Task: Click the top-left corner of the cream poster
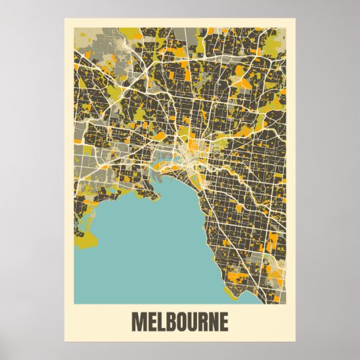click(x=65, y=18)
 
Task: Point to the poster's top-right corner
click(x=294, y=18)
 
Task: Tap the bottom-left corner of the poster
click(x=65, y=342)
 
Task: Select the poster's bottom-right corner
click(x=294, y=342)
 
